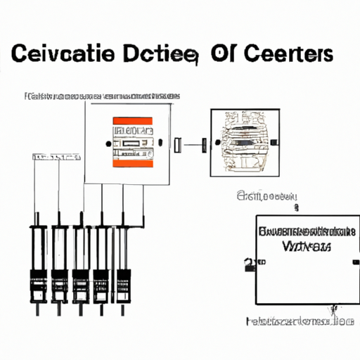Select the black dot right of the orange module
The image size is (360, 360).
pyautogui.click(x=160, y=144)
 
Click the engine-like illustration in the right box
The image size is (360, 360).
pyautogui.click(x=241, y=143)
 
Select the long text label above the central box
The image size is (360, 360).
pyautogui.click(x=102, y=96)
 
